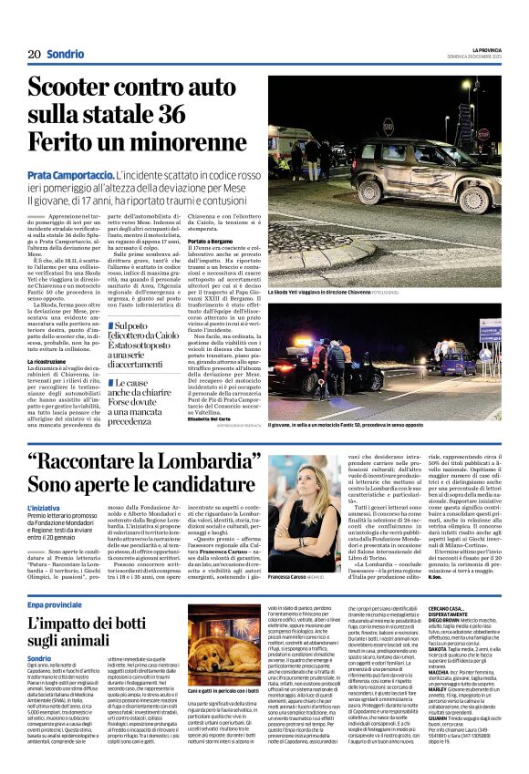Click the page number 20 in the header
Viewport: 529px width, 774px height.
click(x=33, y=54)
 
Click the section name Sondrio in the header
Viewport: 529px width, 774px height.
click(x=65, y=54)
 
